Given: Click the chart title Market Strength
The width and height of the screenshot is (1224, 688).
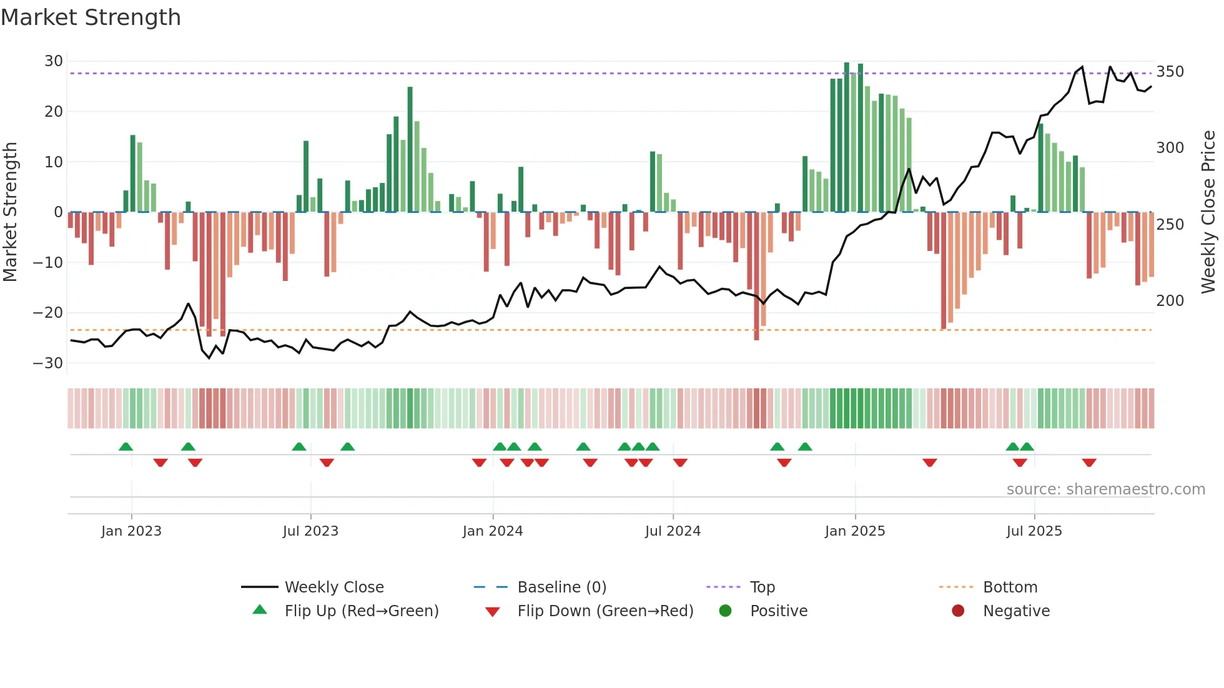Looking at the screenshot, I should pos(91,17).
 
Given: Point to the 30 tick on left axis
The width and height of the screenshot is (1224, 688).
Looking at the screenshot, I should pos(54,61).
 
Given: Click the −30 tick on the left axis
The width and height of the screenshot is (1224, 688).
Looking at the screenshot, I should pos(48,363).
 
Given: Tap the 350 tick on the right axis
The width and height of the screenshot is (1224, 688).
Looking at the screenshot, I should pos(1170,72).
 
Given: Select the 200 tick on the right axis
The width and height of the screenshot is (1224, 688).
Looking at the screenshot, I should pos(1170,301).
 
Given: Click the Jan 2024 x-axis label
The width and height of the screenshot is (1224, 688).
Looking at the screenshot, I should pos(493,531).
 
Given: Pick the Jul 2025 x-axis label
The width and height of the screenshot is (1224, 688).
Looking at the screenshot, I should pos(1034,531).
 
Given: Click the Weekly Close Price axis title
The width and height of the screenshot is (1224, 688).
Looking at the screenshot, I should pos(1208,212).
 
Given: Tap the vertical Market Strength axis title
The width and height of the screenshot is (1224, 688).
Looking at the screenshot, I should pos(11,212).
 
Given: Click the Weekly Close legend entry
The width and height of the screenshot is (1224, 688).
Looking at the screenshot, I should pos(334,587).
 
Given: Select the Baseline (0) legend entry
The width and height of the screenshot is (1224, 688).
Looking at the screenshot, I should pos(561,587).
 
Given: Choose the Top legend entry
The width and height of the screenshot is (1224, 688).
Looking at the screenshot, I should pos(762,587).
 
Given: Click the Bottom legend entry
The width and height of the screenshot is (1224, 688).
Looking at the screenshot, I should pos(1010,587).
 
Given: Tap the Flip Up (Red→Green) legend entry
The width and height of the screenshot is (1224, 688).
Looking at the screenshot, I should pos(362,611).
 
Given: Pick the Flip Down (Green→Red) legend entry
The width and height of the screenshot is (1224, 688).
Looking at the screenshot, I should pos(605,611).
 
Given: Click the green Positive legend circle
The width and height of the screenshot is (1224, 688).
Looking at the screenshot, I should pos(725,611).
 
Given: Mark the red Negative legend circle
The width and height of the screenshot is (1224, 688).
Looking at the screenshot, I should pos(958,611).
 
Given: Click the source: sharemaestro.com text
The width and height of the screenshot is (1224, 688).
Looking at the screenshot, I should pos(1105,489).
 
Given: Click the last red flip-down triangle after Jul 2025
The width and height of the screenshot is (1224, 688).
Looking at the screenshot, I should pos(1089,463).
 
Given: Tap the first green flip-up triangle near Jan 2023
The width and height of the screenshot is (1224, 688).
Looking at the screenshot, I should pos(126,446).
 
